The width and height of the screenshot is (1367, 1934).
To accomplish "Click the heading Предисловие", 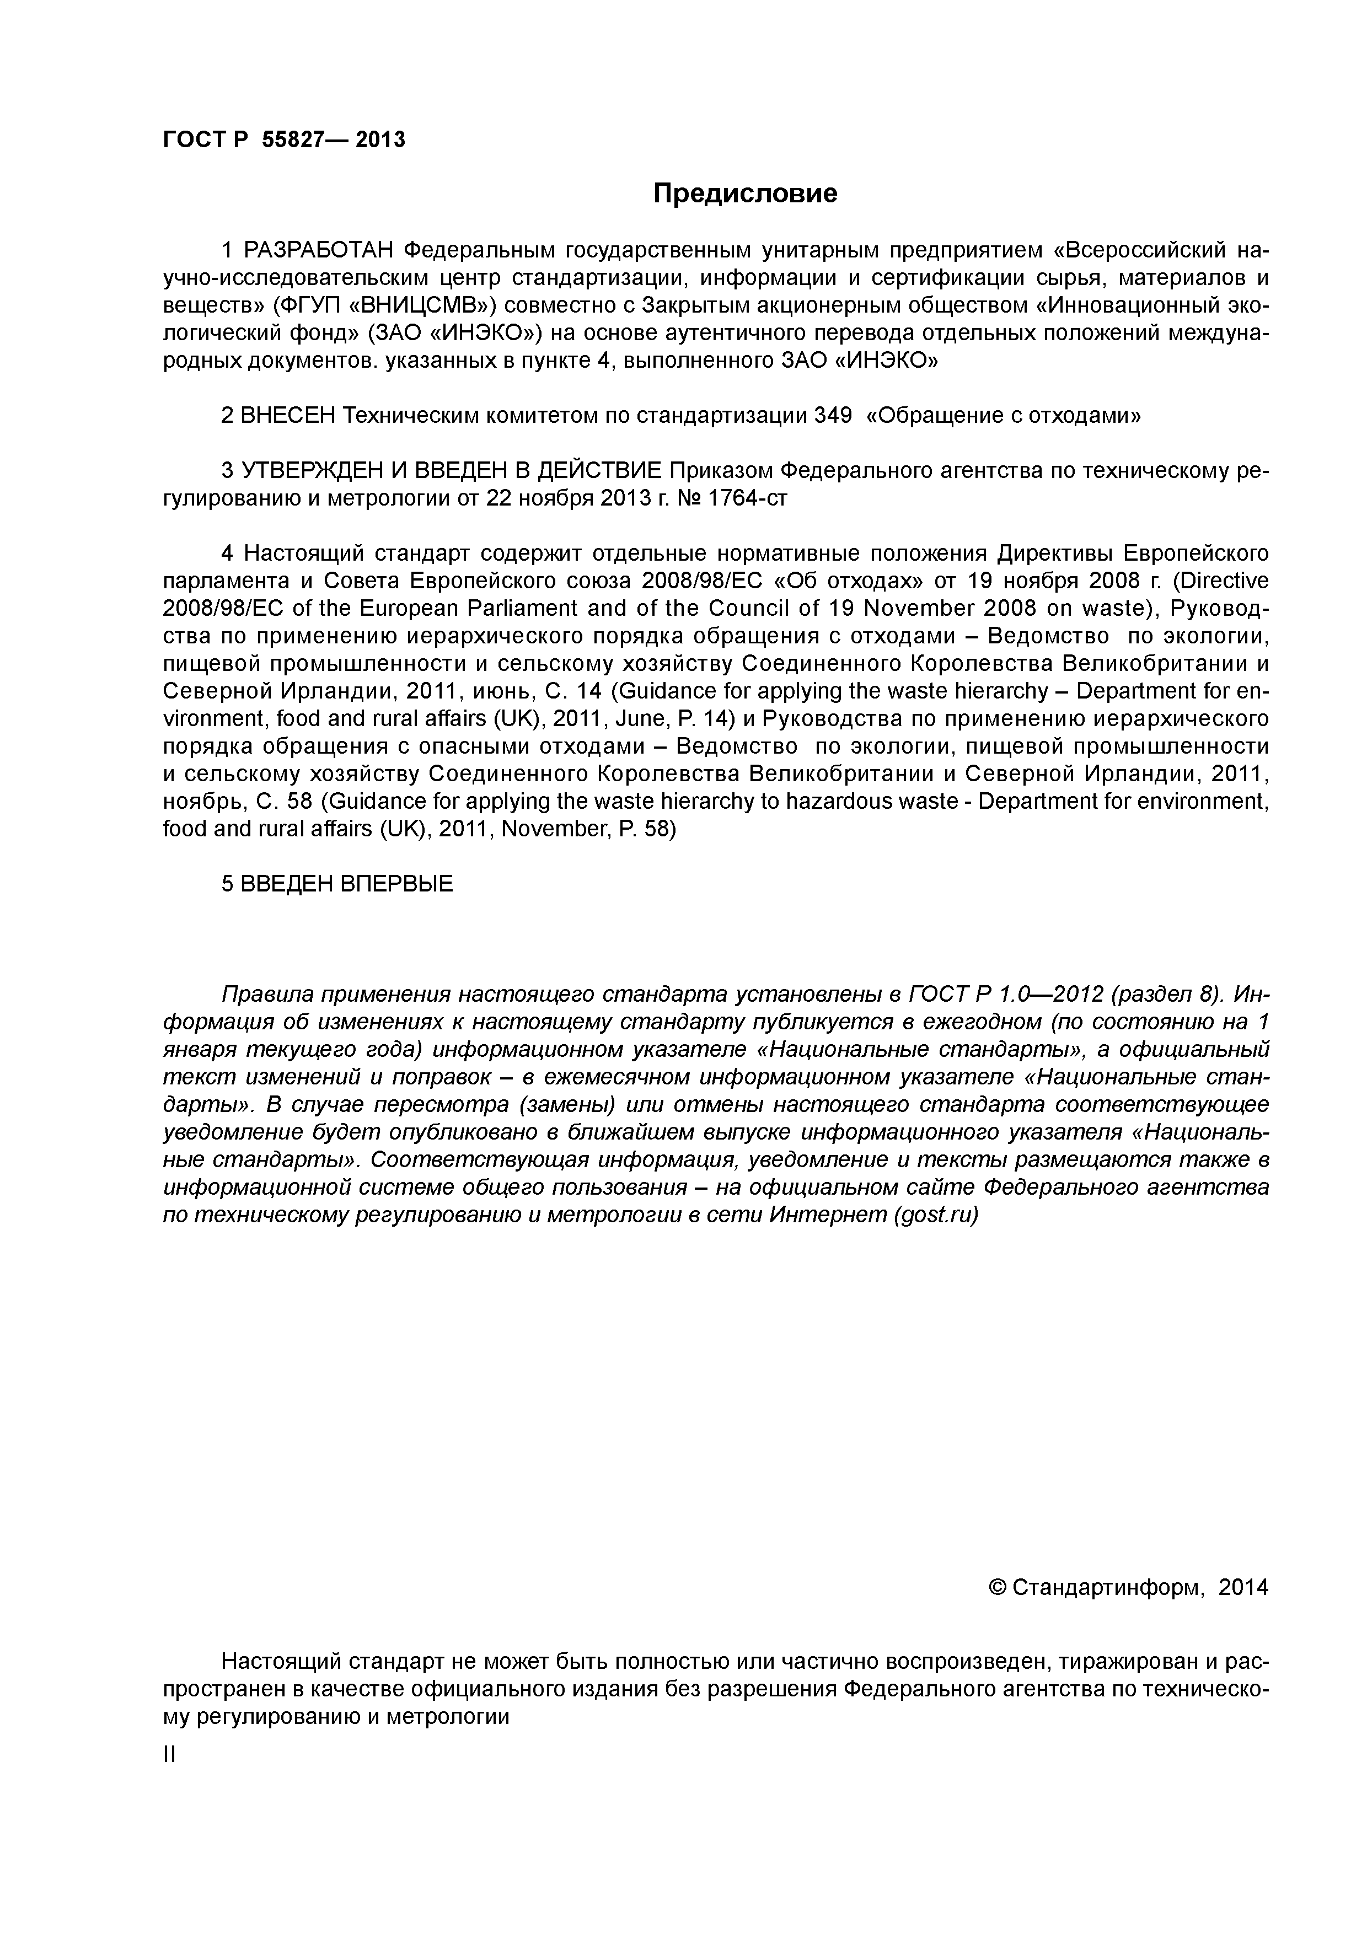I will pyautogui.click(x=746, y=194).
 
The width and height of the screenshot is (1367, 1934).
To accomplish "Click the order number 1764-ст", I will pyautogui.click(x=748, y=498).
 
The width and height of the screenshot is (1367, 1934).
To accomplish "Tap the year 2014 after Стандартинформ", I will pyautogui.click(x=1243, y=1588).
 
